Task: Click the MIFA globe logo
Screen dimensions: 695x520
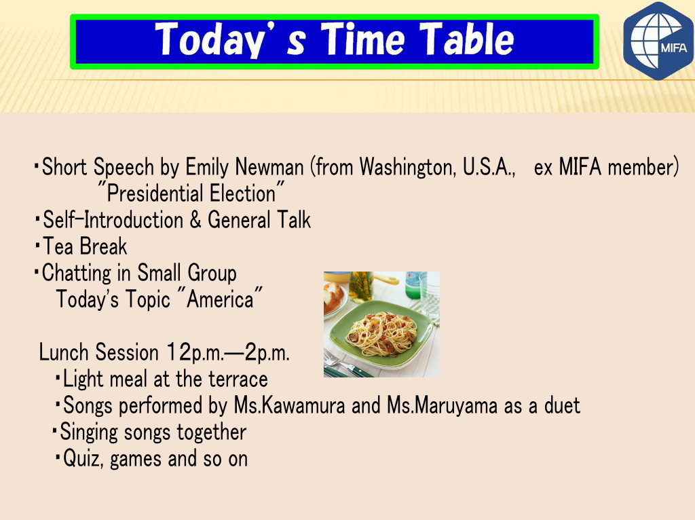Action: point(658,40)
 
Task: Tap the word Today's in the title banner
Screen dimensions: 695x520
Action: point(230,40)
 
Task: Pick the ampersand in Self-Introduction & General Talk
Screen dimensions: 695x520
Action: point(195,221)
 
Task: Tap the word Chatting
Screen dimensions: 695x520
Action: point(76,274)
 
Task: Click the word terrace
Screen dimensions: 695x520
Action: point(238,379)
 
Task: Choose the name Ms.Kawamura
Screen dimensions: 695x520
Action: point(289,406)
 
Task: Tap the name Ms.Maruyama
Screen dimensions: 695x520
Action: point(442,406)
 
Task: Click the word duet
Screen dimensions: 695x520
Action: point(562,406)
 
